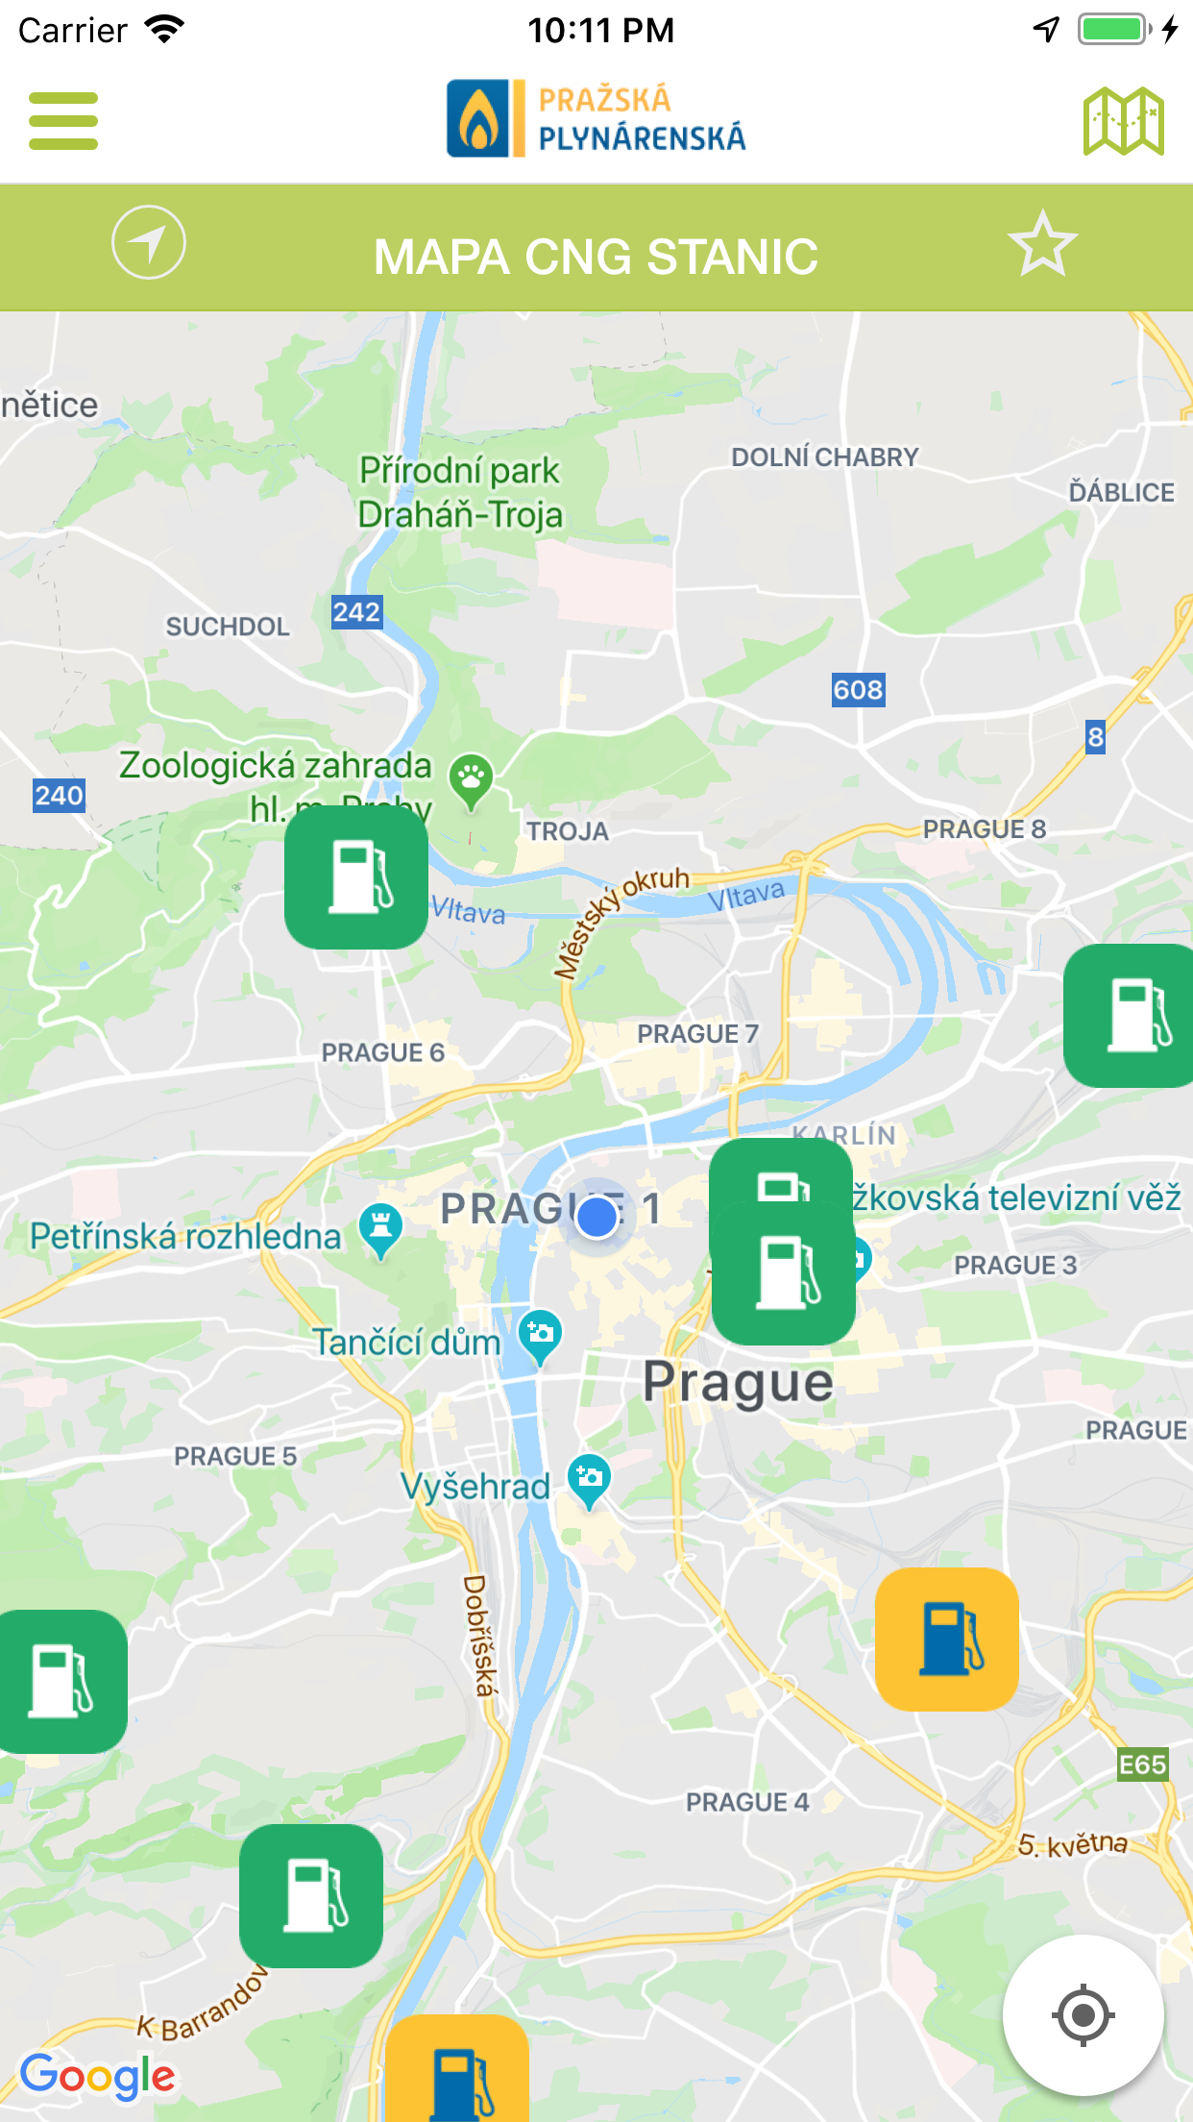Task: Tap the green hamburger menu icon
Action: click(63, 121)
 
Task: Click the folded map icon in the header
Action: click(1123, 121)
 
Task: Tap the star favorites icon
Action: click(1042, 245)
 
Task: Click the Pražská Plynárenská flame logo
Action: click(477, 118)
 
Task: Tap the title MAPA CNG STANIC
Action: click(596, 257)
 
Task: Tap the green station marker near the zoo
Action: click(356, 877)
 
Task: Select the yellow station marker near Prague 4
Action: click(947, 1640)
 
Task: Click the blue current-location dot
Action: click(596, 1217)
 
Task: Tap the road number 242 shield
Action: click(356, 612)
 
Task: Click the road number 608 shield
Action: click(858, 689)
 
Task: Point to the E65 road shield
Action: click(1142, 1764)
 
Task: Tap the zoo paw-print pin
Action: click(471, 777)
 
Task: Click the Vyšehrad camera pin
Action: click(589, 1478)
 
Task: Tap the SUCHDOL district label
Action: click(228, 627)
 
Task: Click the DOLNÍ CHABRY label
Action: click(825, 457)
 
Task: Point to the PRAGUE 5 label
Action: click(235, 1456)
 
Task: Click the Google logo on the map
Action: click(97, 2076)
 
